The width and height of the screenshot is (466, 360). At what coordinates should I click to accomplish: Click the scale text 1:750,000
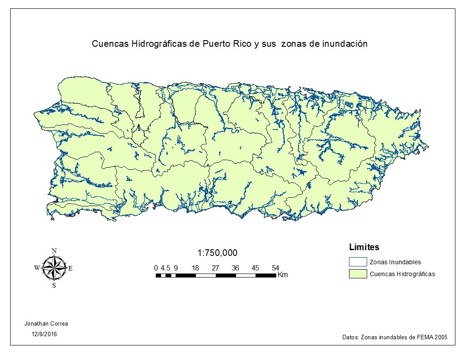click(217, 253)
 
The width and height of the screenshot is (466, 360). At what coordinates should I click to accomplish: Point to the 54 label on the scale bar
click(275, 268)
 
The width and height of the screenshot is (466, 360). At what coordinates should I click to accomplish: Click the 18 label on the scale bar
click(195, 268)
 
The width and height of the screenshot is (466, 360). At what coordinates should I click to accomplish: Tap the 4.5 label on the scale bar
click(165, 268)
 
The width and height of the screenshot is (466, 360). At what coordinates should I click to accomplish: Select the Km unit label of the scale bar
click(282, 275)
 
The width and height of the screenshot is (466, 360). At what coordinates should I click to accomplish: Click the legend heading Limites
click(364, 247)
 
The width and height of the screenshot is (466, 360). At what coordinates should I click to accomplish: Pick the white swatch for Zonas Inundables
click(357, 262)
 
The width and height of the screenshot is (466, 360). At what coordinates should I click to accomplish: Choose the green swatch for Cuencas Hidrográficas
click(357, 274)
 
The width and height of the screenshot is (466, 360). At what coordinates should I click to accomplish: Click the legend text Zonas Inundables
click(395, 262)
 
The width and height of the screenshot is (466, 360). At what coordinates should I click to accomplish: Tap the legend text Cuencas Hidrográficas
click(402, 274)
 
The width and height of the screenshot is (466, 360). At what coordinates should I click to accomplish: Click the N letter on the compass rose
click(54, 251)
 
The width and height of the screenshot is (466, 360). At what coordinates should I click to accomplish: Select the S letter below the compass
click(54, 285)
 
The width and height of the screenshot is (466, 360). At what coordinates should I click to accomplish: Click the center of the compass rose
click(54, 268)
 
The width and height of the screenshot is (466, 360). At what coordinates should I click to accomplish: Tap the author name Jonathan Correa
click(46, 323)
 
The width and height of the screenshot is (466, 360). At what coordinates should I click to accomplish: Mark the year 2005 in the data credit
click(440, 337)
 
